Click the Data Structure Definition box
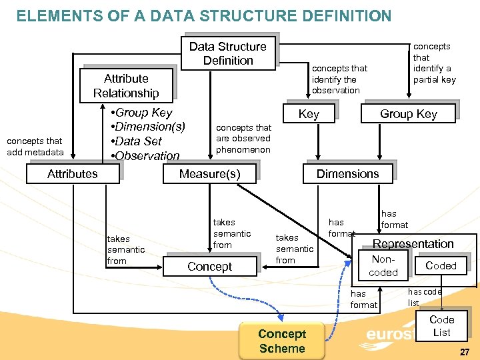227,53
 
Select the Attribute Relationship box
126,85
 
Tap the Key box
308,114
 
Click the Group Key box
408,114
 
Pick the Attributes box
73,173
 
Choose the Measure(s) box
209,173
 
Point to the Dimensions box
347,173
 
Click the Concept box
209,266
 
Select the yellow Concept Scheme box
281,341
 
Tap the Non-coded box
383,265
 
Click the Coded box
441,265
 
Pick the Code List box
441,326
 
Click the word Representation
413,244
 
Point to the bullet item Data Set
137,141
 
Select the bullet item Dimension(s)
148,127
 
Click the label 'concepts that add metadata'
35,147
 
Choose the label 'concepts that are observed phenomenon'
243,139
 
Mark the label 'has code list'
425,297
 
